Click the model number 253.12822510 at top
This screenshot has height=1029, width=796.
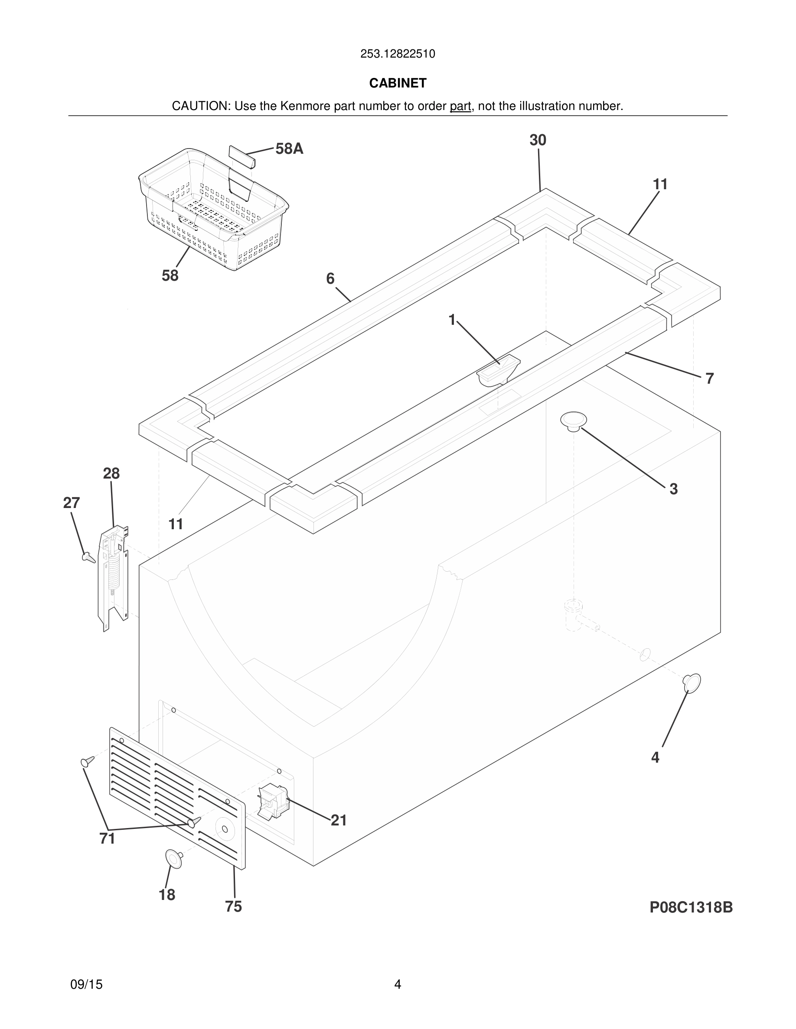tap(398, 54)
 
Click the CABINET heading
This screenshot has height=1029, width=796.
tap(398, 84)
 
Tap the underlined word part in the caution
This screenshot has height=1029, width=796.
tap(460, 107)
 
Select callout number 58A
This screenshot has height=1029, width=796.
tap(289, 149)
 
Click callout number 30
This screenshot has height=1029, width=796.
tap(538, 140)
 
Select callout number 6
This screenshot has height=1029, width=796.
tap(330, 279)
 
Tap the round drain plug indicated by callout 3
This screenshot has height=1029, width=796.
tap(574, 421)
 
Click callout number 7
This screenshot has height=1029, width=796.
tap(709, 379)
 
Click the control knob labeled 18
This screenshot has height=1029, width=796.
tap(173, 859)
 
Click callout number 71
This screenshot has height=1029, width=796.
tap(107, 838)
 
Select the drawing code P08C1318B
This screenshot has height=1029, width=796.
tap(691, 907)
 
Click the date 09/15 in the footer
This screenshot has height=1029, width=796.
tap(86, 984)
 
